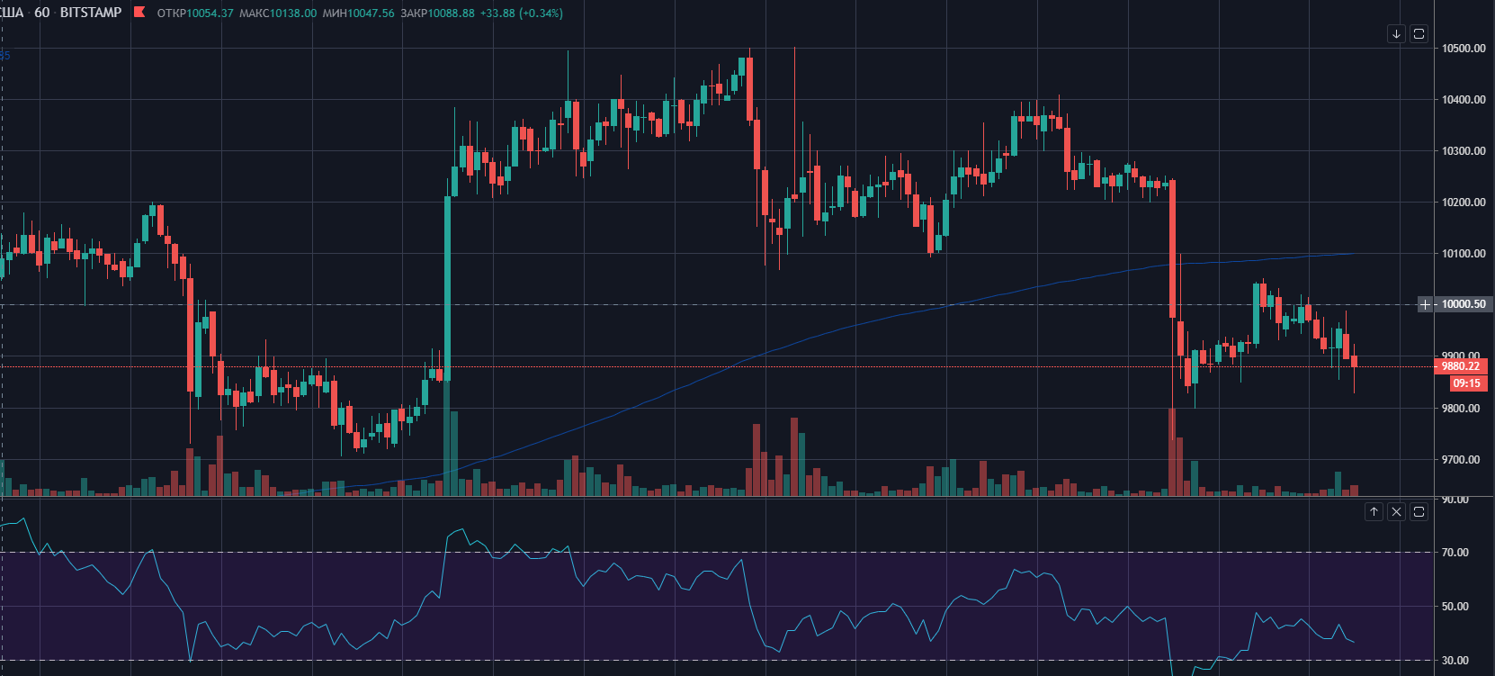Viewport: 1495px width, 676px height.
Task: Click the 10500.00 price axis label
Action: click(1464, 49)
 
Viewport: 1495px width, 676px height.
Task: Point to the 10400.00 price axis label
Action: click(1464, 100)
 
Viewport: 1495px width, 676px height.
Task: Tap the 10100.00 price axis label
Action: click(1464, 254)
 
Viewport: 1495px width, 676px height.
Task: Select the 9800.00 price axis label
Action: click(1461, 409)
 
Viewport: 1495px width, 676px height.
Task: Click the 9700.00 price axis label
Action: click(1461, 460)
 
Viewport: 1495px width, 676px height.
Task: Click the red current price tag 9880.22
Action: click(1460, 366)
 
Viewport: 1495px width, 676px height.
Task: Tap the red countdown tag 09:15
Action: click(1466, 383)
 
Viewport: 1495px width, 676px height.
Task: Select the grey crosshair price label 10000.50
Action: click(1463, 304)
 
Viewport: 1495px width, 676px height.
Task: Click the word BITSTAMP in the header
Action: click(90, 13)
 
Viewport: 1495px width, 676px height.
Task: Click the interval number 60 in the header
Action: click(42, 13)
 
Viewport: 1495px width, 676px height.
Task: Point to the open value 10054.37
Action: click(210, 14)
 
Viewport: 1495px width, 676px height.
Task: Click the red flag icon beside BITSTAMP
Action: click(139, 13)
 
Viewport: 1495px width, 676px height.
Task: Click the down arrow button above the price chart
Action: click(1396, 34)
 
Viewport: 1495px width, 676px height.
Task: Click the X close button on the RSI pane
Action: click(1396, 512)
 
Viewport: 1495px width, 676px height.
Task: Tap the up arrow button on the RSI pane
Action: click(1374, 512)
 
